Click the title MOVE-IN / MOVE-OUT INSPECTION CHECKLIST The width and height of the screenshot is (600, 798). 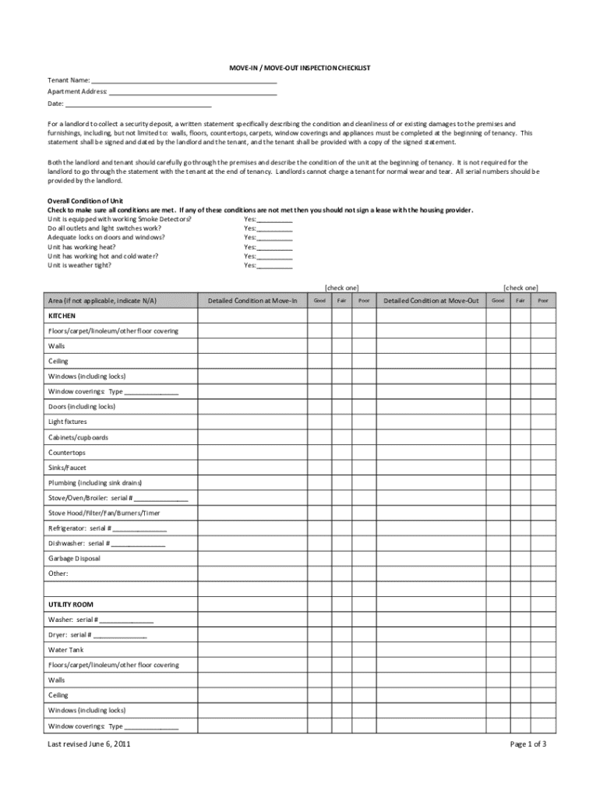tap(299, 69)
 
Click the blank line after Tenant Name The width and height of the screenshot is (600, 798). tap(184, 80)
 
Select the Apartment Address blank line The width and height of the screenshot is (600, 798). tap(192, 92)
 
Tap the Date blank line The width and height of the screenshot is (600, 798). tap(139, 104)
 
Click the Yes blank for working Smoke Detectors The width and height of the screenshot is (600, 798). tap(274, 220)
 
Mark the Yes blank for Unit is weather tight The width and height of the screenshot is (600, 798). tap(274, 266)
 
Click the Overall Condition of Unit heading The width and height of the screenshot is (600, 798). tap(86, 201)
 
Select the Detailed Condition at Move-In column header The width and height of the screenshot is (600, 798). tap(252, 300)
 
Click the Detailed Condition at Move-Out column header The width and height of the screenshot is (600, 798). tap(431, 300)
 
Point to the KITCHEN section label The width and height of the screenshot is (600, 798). tap(62, 316)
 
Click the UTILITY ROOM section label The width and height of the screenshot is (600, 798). tap(71, 604)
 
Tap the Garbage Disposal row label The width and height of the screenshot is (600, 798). tap(74, 558)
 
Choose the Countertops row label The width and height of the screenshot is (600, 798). tap(67, 452)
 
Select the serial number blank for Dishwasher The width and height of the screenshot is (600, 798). tap(137, 543)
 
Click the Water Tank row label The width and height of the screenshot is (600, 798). tap(66, 650)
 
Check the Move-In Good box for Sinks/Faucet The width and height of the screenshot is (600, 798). tap(319, 468)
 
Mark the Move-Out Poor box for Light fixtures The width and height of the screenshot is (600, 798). tap(543, 422)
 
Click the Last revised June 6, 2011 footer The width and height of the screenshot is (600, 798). tap(89, 744)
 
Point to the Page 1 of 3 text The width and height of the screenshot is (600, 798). tap(528, 744)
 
